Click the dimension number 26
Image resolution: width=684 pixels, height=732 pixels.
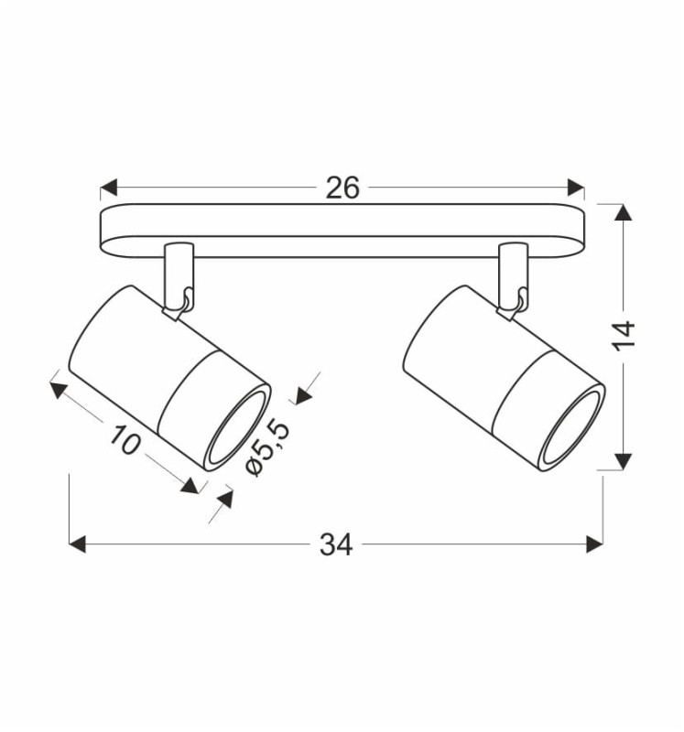point(342,188)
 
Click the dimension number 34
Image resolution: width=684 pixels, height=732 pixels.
point(336,544)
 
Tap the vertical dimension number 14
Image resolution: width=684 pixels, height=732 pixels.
point(624,335)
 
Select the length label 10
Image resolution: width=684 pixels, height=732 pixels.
point(125,440)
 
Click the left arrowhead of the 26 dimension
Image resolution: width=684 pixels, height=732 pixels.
point(109,188)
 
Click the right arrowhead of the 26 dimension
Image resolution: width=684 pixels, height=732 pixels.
point(575,188)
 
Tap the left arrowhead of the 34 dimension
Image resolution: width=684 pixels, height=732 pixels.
point(78,544)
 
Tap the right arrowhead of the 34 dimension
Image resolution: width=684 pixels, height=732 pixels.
point(594,544)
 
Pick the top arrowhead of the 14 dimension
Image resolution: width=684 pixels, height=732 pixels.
point(623,212)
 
